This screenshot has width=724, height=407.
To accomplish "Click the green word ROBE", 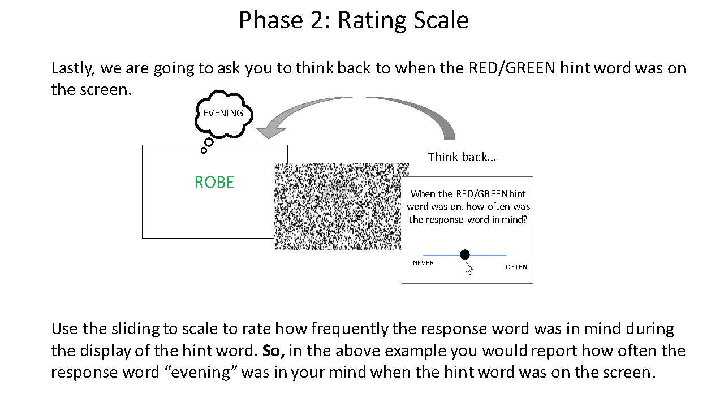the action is click(214, 182).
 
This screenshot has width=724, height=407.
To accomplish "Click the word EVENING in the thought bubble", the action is click(223, 114).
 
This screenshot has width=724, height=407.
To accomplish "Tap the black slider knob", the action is click(465, 255).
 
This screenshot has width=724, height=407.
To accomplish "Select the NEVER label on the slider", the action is click(424, 263).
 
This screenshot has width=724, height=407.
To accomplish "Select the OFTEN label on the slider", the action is click(516, 267).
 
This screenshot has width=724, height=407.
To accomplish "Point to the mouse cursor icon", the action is click(469, 269).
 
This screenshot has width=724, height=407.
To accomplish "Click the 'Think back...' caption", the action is click(462, 157).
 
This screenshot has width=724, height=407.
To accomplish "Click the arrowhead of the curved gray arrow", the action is click(270, 131).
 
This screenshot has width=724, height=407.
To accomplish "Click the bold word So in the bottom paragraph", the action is click(273, 351).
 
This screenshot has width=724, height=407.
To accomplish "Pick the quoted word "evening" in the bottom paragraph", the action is click(201, 372).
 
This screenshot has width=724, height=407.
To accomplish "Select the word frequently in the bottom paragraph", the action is click(350, 329).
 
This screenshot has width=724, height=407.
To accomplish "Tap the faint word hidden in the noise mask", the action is click(341, 191).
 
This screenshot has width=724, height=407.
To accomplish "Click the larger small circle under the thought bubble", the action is click(209, 142).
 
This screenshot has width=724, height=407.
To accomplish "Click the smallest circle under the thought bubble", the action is click(204, 150).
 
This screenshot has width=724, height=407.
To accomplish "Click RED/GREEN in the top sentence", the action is click(512, 68).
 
